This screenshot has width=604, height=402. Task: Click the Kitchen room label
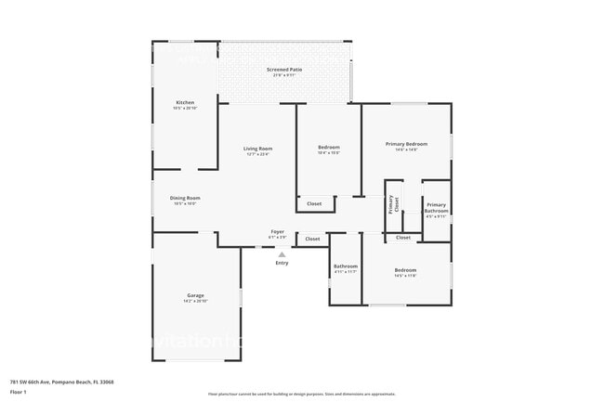click(x=185, y=102)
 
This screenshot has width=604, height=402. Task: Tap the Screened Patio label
click(x=284, y=70)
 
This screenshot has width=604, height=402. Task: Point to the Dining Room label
click(x=185, y=198)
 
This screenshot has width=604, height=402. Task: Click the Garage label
click(x=195, y=296)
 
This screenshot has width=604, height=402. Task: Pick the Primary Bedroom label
click(x=406, y=144)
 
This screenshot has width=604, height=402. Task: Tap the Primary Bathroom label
click(x=436, y=208)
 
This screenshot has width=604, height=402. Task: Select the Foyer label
click(x=277, y=231)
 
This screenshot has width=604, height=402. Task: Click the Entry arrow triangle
click(x=282, y=253)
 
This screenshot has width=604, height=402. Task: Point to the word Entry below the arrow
click(x=282, y=263)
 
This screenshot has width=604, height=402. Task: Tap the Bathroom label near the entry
click(x=345, y=266)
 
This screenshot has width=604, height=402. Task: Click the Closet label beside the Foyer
click(x=312, y=239)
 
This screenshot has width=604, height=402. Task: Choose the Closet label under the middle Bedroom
click(x=314, y=203)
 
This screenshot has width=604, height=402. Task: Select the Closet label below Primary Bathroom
click(x=402, y=238)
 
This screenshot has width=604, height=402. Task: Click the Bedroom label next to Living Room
click(x=329, y=148)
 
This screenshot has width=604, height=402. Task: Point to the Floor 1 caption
click(x=19, y=392)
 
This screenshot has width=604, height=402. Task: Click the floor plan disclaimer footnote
click(x=301, y=395)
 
